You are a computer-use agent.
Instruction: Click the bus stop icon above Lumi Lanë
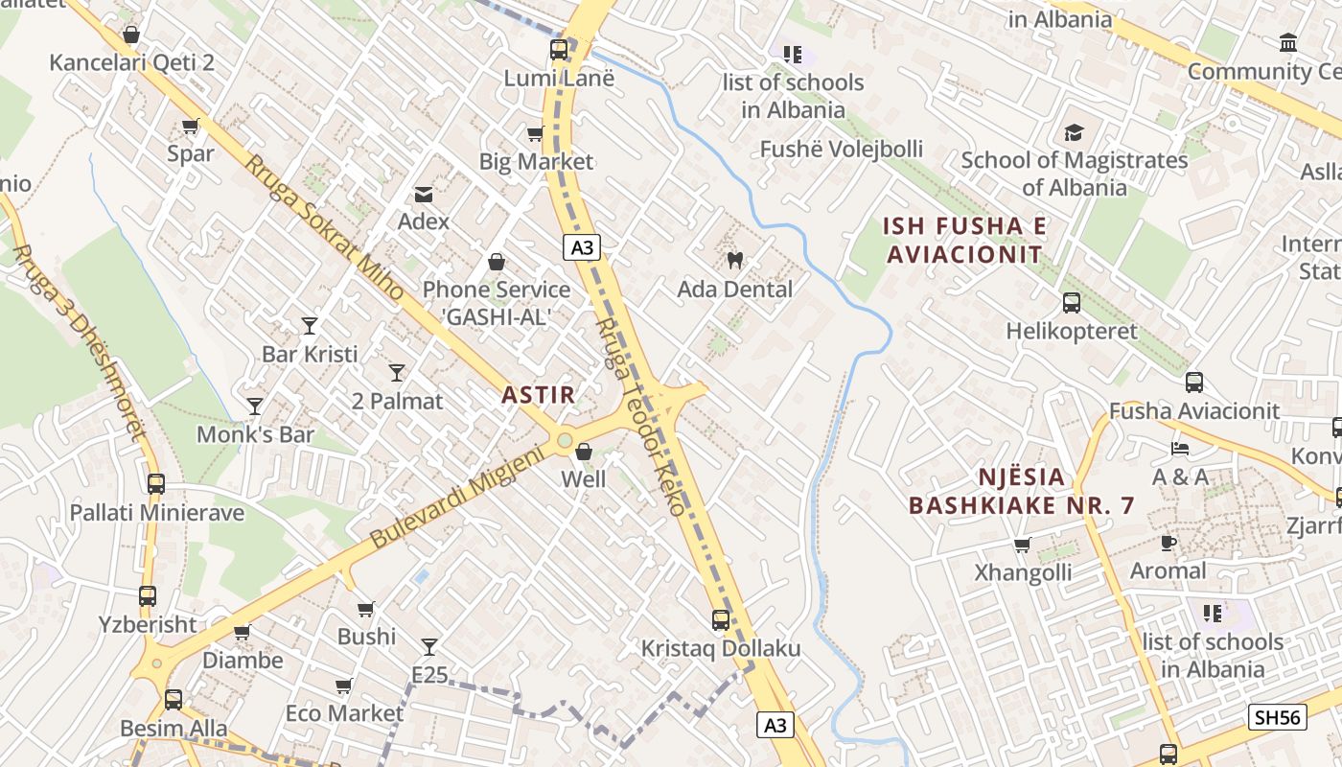point(558,49)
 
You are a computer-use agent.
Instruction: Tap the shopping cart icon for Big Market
point(535,133)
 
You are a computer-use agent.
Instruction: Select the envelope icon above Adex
point(423,195)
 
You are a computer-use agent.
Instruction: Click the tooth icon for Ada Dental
point(735,260)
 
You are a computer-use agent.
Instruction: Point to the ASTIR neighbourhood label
point(538,394)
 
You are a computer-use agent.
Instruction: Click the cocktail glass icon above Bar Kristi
point(309,326)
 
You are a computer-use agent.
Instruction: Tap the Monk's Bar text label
point(255,434)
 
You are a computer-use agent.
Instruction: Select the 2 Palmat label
point(397,401)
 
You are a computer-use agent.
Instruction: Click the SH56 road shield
point(1279,716)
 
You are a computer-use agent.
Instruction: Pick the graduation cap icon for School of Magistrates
point(1074,132)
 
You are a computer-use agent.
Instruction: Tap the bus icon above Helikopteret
point(1072,303)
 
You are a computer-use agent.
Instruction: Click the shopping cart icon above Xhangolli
point(1022,546)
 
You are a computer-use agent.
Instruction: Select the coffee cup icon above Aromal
point(1168,543)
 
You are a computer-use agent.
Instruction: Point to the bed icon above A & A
point(1180,448)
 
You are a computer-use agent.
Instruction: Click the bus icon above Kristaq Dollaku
point(721,620)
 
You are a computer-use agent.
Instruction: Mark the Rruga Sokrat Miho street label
point(323,229)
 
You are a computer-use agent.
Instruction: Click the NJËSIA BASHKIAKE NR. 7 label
point(1022,491)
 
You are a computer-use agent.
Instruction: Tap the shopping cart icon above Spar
point(190,126)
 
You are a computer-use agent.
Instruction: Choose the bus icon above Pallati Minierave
point(156,484)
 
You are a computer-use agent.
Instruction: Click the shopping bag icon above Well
point(583,451)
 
